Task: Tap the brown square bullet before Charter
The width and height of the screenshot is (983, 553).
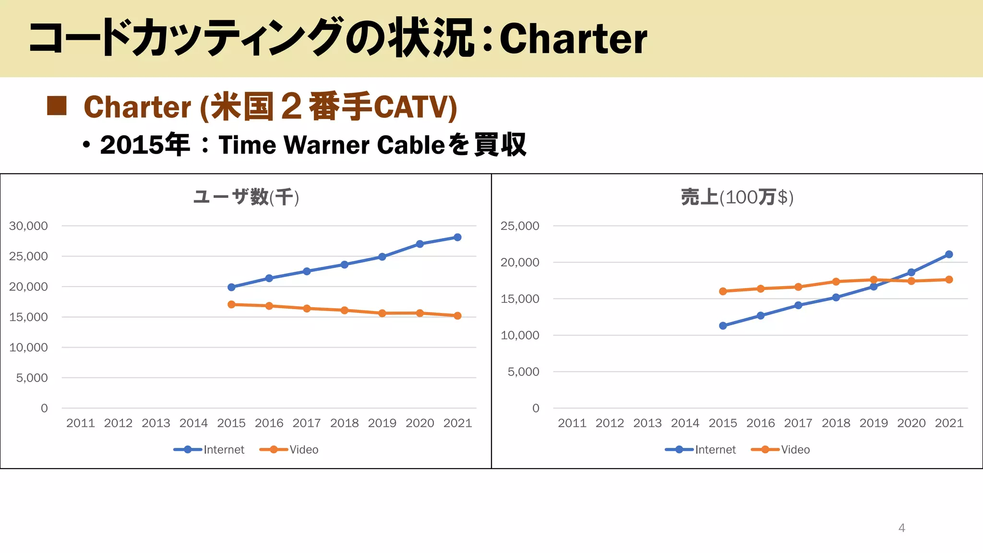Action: click(x=57, y=106)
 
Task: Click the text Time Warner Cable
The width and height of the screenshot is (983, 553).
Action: click(x=332, y=145)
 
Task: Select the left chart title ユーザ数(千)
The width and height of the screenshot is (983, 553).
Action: click(x=246, y=197)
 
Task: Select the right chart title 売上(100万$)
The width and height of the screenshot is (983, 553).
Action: click(x=737, y=197)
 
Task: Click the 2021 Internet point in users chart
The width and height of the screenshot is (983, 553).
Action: click(x=457, y=237)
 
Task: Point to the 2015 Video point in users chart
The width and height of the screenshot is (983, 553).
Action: click(x=231, y=304)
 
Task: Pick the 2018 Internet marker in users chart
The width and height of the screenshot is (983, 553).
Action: click(x=345, y=264)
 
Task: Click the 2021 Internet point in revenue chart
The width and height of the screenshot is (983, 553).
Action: click(x=949, y=254)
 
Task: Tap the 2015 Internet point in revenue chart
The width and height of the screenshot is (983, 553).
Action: click(x=723, y=325)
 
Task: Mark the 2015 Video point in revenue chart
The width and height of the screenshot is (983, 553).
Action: click(x=723, y=291)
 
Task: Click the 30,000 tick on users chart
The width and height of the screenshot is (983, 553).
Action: click(x=28, y=226)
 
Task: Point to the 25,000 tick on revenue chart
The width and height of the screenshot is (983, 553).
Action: click(x=520, y=226)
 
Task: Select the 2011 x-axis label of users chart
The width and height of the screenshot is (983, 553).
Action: click(x=80, y=423)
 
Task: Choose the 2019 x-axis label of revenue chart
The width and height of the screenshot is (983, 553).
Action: click(x=874, y=423)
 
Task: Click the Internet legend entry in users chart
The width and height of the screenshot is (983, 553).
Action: click(x=209, y=450)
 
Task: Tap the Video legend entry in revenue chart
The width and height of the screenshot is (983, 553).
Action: click(x=780, y=450)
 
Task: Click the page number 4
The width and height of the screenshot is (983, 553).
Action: click(x=901, y=528)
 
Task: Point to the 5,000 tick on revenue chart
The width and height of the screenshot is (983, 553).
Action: click(x=523, y=372)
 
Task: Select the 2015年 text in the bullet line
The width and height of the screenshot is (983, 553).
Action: click(x=144, y=145)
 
